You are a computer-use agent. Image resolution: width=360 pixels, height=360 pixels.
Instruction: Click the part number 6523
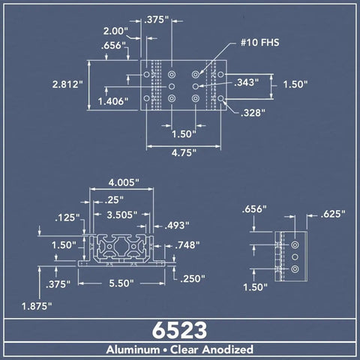(179, 330)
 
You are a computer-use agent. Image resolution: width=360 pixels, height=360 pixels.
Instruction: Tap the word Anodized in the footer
(228, 349)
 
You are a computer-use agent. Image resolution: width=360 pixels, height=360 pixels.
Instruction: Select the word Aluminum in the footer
(133, 349)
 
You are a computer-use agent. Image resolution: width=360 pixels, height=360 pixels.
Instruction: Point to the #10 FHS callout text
(259, 43)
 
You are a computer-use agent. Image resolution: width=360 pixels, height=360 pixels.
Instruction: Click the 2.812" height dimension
(67, 84)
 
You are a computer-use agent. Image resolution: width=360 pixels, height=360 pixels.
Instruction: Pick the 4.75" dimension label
(184, 152)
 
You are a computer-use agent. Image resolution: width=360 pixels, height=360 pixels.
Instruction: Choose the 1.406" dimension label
(113, 101)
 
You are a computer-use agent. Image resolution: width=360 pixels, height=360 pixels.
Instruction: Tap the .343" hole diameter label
(246, 82)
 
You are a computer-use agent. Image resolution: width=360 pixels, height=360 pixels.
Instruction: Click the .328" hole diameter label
(253, 113)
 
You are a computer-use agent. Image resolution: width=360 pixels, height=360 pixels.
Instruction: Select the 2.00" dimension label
(115, 31)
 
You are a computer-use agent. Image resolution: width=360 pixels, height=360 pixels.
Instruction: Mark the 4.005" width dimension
(124, 183)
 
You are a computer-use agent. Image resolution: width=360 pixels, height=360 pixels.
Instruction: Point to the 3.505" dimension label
(122, 214)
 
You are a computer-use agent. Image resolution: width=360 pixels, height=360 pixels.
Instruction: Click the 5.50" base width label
(121, 283)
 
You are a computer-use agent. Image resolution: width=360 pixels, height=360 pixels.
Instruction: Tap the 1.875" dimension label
(37, 306)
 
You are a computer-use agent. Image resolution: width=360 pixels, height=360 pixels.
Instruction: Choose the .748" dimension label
(187, 245)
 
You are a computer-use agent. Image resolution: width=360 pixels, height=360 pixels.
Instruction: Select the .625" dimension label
(333, 214)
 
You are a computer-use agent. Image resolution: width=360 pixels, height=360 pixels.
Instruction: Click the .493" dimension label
(177, 226)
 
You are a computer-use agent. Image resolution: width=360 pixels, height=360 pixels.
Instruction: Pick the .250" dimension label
(193, 278)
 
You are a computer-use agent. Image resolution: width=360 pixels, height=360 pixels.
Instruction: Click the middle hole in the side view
(295, 257)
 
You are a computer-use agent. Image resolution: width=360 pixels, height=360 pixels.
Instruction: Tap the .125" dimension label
(67, 217)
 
